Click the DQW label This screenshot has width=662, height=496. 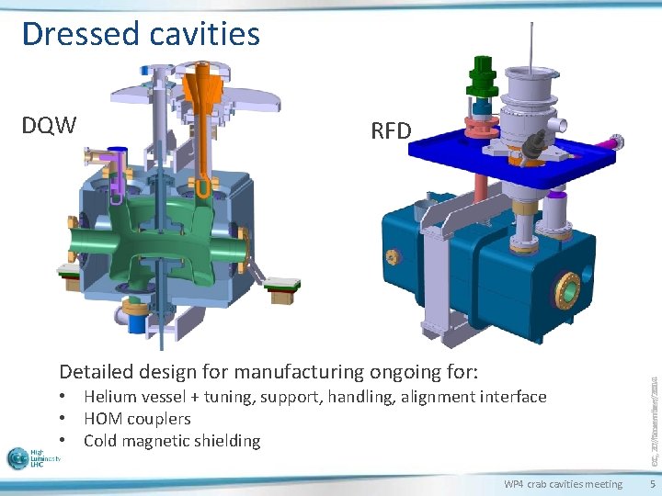tap(49, 125)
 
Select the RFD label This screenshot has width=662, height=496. tap(391, 130)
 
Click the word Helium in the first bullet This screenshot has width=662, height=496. tap(108, 397)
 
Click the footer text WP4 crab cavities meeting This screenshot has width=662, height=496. tap(563, 484)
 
